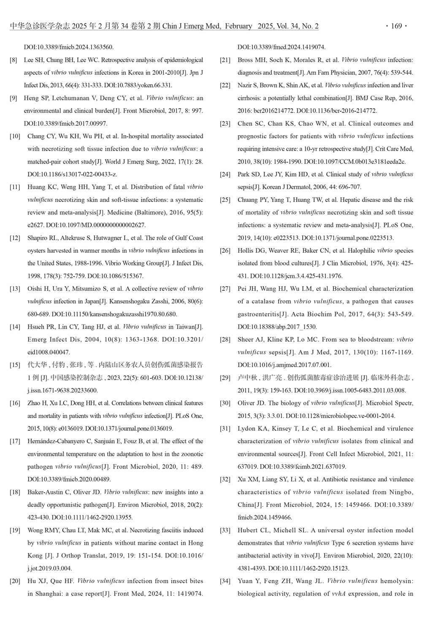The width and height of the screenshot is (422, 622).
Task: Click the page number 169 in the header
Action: point(396,26)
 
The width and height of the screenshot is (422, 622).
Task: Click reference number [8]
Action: point(14,60)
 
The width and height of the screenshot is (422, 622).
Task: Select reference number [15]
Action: point(15,365)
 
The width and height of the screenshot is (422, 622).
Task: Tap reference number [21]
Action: point(225,60)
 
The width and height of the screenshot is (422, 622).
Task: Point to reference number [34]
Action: point(225,581)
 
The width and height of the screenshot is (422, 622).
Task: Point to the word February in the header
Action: point(238,26)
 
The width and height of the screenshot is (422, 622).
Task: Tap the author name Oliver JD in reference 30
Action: point(251,403)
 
